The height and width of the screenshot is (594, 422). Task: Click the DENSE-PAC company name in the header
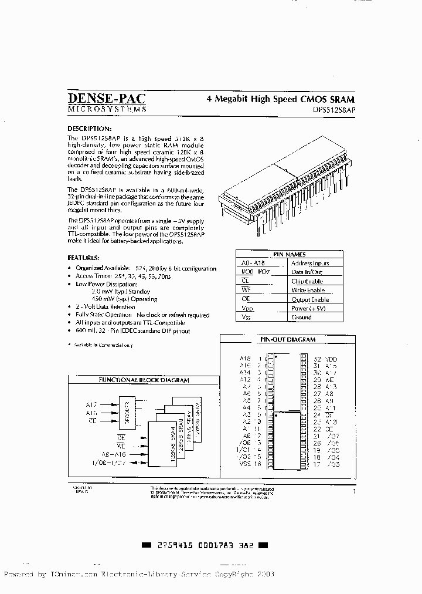[x=106, y=99]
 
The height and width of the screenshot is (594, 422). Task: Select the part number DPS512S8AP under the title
[x=333, y=109]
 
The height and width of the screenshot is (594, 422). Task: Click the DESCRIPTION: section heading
[x=89, y=129]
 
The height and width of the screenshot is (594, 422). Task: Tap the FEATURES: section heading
[x=83, y=258]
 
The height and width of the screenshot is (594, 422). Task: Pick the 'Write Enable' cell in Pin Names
[x=308, y=291]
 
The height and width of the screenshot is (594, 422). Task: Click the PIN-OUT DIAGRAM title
[x=287, y=339]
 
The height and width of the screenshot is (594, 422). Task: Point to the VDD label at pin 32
[x=332, y=359]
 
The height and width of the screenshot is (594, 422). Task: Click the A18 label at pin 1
[x=245, y=358]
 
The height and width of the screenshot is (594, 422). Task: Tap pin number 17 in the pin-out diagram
[x=317, y=464]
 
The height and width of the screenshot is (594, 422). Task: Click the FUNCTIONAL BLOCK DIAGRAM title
[x=143, y=380]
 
